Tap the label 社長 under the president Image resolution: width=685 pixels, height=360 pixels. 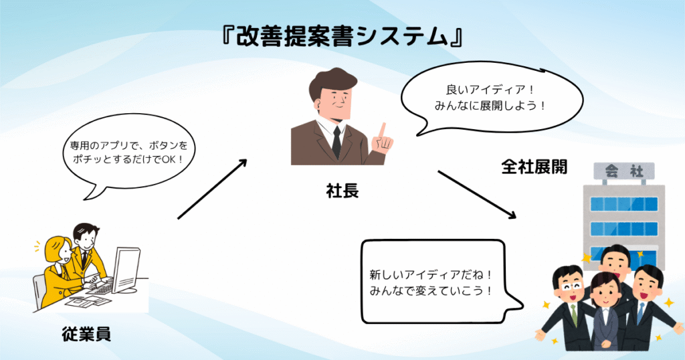click(342, 191)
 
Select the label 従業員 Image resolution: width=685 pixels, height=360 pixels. click(86, 334)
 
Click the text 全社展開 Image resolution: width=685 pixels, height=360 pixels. click(534, 167)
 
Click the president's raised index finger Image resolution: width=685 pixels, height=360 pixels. click(383, 130)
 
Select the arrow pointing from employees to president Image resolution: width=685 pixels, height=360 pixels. click(212, 189)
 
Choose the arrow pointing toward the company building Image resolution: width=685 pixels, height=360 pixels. click(477, 195)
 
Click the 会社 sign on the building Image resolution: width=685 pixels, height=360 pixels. click(624, 171)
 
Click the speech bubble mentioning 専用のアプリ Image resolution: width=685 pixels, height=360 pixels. click(128, 154)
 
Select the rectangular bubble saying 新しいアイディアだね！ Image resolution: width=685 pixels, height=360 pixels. click(437, 282)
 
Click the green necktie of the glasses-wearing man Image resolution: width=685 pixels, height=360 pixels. click(573, 315)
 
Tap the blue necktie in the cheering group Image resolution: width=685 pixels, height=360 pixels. click(640, 313)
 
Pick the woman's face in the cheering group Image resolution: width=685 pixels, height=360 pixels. click(605, 292)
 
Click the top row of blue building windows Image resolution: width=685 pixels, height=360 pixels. click(624, 204)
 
